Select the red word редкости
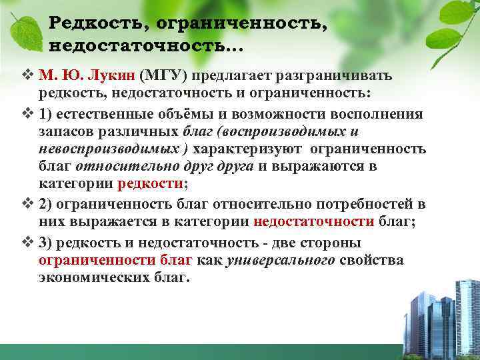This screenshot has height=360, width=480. click(151, 183)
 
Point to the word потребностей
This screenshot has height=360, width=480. click(348, 205)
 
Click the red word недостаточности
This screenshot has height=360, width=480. click(306, 222)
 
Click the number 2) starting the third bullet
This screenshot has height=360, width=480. click(46, 205)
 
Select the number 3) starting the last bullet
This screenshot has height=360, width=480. click(46, 242)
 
